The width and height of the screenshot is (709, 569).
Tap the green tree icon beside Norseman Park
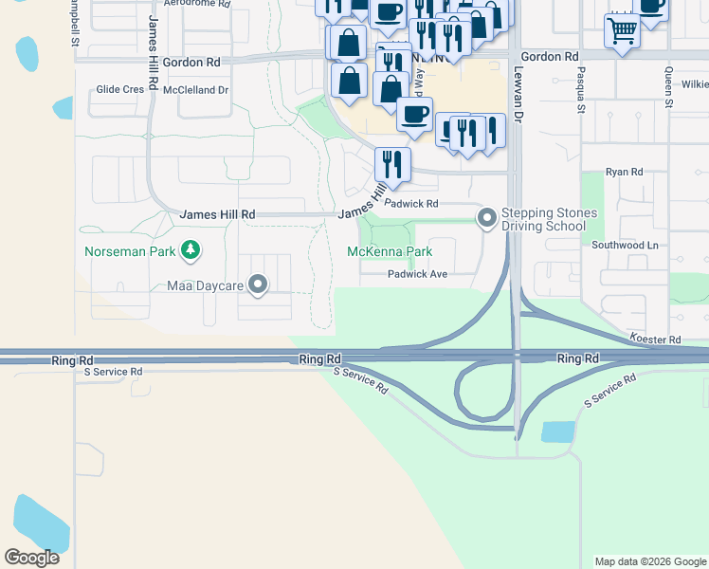point(191,250)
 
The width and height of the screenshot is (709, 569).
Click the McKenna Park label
point(389,251)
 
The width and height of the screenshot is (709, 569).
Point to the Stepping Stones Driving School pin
point(487,219)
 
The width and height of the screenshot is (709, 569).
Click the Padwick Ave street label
point(417,274)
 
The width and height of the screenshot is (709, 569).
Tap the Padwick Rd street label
point(412,204)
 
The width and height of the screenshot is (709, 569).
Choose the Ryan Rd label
point(624,173)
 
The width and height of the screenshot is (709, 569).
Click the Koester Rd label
point(655,339)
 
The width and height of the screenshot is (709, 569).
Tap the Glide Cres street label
point(119,90)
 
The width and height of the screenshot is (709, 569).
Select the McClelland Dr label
point(196,90)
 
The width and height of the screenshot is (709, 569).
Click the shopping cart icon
point(622,30)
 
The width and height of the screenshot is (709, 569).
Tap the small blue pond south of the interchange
point(557,432)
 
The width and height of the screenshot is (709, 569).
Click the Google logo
point(31,558)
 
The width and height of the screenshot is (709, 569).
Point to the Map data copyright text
point(649,561)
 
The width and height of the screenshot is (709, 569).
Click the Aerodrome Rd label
point(197,4)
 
